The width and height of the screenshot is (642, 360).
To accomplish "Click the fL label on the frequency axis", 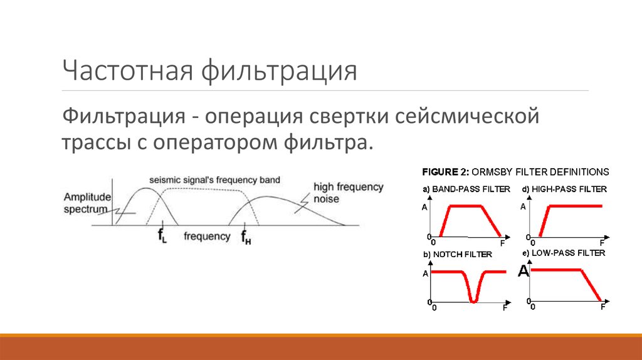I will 162,237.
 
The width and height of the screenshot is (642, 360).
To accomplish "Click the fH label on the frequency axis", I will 246,237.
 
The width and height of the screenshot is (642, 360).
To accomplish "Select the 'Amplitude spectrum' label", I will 87,203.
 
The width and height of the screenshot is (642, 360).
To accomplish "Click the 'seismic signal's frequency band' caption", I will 214,180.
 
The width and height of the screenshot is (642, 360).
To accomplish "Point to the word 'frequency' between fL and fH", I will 207,236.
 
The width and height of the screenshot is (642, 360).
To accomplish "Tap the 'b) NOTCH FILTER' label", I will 457,254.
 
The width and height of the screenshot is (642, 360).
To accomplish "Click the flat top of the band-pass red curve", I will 463,206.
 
